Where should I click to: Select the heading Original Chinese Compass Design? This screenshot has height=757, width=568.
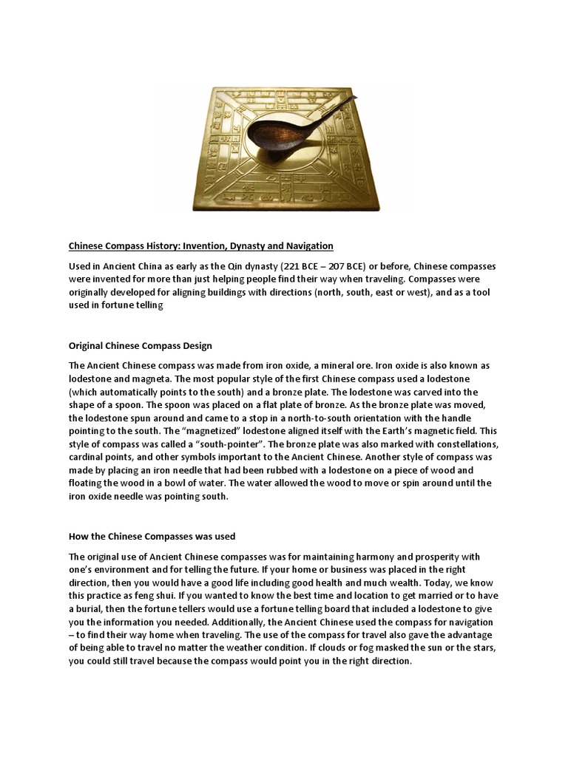tap(141, 345)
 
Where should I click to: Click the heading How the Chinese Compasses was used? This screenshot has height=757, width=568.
tap(152, 536)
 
